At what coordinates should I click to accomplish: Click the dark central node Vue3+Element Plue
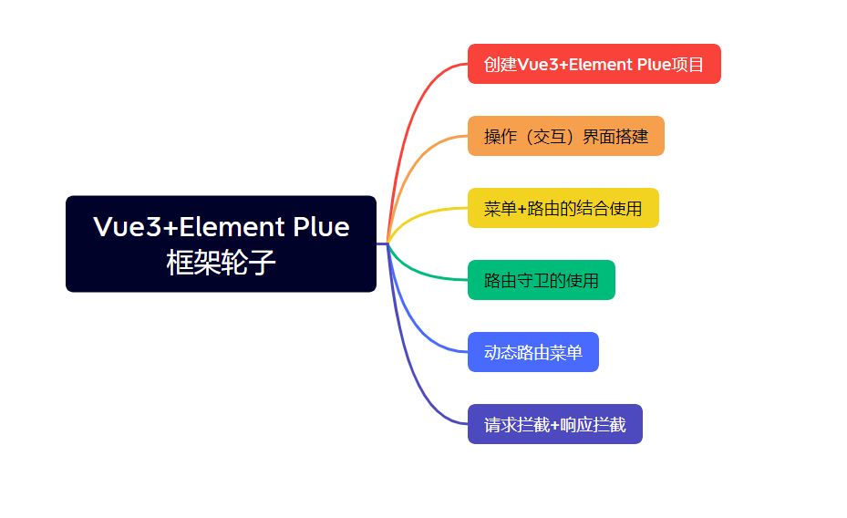[221, 243]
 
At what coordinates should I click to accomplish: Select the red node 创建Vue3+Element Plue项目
[594, 64]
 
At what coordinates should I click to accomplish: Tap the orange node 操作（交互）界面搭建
[566, 136]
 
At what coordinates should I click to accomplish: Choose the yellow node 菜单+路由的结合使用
[563, 208]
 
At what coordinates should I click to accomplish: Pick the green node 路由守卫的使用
[542, 280]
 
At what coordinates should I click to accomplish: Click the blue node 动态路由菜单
[533, 352]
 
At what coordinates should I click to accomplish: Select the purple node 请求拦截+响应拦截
[555, 424]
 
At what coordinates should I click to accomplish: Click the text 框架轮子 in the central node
[221, 263]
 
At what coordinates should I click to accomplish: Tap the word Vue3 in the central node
[128, 226]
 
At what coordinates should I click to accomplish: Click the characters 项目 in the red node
[687, 64]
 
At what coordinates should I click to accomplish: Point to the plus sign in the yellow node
[522, 209]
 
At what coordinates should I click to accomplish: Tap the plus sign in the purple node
[554, 425]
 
